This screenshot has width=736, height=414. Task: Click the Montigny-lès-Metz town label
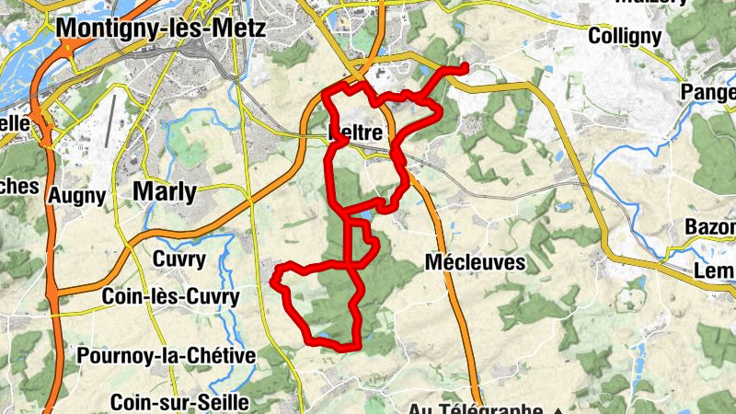[x=161, y=28]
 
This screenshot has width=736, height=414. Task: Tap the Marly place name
[x=165, y=191]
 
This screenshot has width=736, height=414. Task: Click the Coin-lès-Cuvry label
[x=170, y=297]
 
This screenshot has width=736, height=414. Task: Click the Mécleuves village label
[x=475, y=262]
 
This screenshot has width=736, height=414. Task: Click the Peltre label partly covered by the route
[x=357, y=133]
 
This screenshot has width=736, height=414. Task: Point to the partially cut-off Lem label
[x=714, y=270]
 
